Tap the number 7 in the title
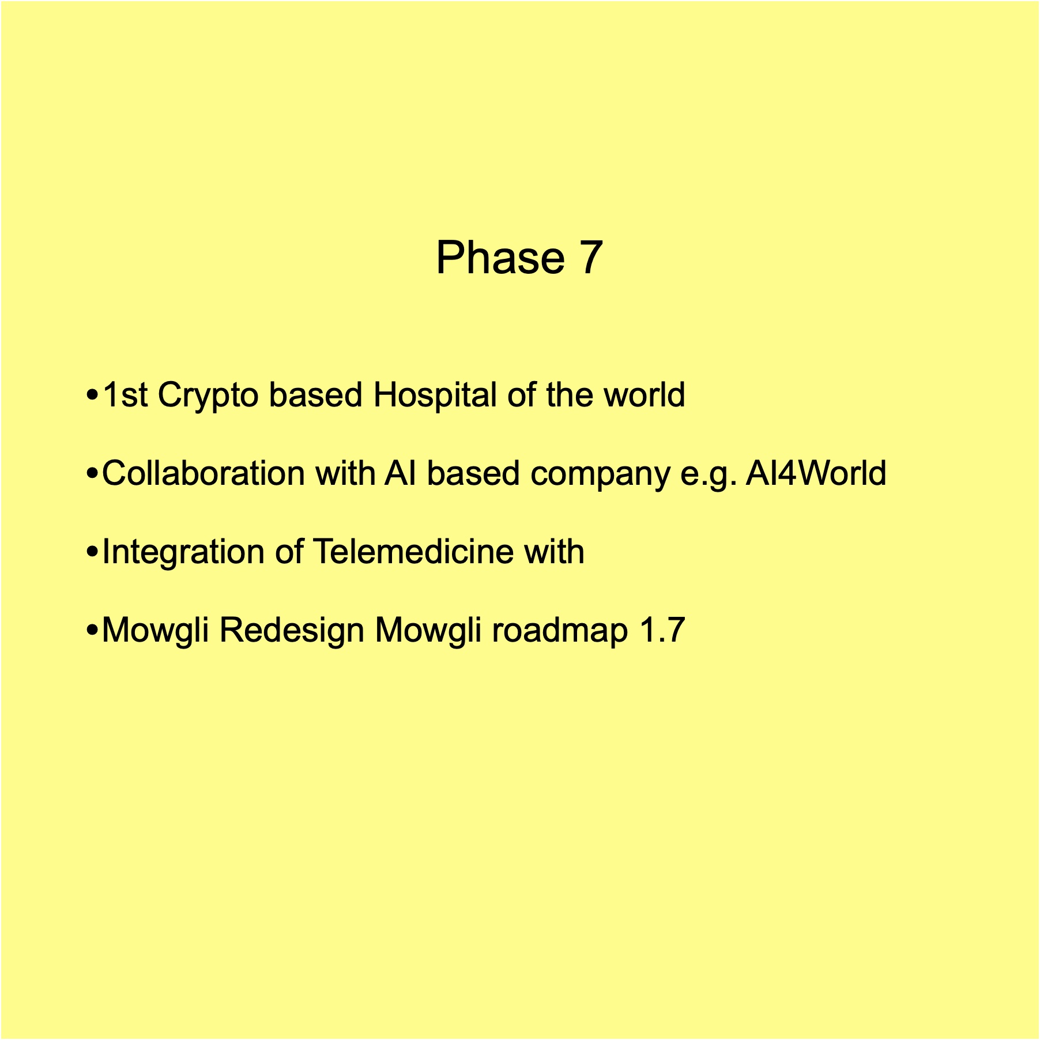pos(591,258)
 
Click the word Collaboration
pos(203,473)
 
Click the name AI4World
pos(816,473)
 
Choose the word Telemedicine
pos(413,552)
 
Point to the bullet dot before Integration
pos(91,553)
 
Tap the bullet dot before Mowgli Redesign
pos(91,631)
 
